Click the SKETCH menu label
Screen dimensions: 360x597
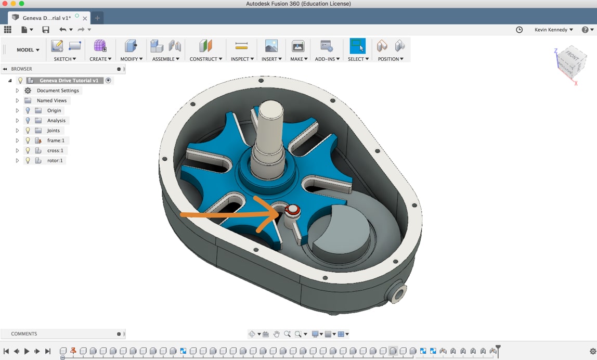click(x=65, y=59)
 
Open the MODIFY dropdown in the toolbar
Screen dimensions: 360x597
click(x=131, y=59)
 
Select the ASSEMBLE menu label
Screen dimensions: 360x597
click(x=165, y=59)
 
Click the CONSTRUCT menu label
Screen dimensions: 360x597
click(x=205, y=59)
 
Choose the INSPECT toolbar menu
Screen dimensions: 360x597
click(x=242, y=59)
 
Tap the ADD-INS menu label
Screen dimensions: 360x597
click(x=327, y=59)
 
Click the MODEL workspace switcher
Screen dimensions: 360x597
click(x=28, y=50)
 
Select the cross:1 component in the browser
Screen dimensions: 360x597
click(x=55, y=150)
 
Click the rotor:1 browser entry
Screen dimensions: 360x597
click(x=55, y=160)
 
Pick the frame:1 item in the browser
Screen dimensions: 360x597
click(x=55, y=140)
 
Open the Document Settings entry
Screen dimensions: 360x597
click(x=58, y=91)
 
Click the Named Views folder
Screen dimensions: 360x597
click(x=51, y=100)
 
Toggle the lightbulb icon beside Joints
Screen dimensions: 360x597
click(x=28, y=131)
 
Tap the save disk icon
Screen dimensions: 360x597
click(x=46, y=30)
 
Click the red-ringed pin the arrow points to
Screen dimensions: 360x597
click(x=292, y=210)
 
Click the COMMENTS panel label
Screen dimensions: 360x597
click(x=24, y=334)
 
